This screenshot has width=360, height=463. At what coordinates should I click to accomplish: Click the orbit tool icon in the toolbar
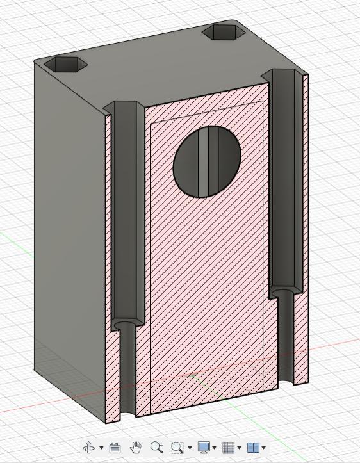click(89, 447)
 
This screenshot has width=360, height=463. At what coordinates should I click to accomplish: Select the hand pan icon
click(136, 447)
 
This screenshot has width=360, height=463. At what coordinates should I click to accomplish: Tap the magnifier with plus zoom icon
click(156, 447)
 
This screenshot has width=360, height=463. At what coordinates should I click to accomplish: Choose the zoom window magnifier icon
click(177, 447)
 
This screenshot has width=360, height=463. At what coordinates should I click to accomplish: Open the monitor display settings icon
click(204, 447)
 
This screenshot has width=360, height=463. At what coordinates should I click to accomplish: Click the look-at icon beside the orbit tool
click(115, 447)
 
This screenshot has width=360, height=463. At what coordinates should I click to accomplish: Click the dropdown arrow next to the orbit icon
click(101, 448)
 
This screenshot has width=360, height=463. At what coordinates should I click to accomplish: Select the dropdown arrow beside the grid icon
click(240, 448)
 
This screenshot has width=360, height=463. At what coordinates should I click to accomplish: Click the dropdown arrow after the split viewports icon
click(263, 448)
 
